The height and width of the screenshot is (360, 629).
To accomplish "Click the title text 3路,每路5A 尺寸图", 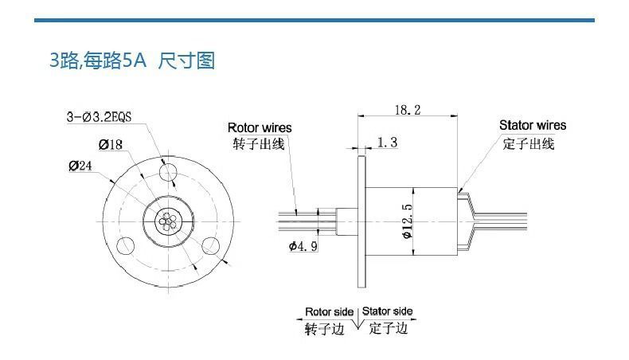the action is (132, 61).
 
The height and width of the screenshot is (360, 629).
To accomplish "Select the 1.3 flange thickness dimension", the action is (388, 143).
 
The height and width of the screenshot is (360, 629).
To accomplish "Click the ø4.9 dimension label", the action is (303, 246).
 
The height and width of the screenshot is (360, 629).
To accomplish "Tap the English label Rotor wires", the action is (260, 127).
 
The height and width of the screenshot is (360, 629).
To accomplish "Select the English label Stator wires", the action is (533, 125).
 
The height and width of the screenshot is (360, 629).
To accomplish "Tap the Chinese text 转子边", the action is (324, 328).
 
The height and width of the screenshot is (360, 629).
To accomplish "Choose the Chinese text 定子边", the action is (389, 328).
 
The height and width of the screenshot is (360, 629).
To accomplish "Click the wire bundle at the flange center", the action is (166, 221).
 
